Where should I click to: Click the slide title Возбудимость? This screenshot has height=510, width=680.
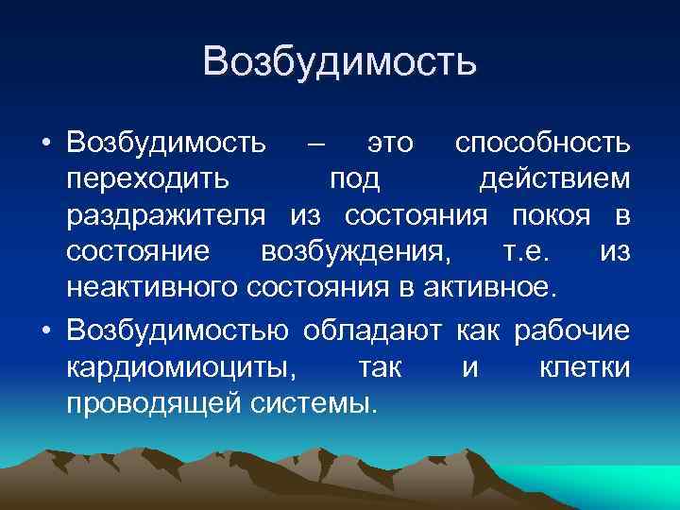tap(339, 63)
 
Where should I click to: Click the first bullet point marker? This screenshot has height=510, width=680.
tap(45, 143)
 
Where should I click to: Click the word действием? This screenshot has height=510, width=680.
tap(553, 179)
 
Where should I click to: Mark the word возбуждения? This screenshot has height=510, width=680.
tap(355, 252)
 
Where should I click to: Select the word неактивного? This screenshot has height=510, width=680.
tap(154, 288)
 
